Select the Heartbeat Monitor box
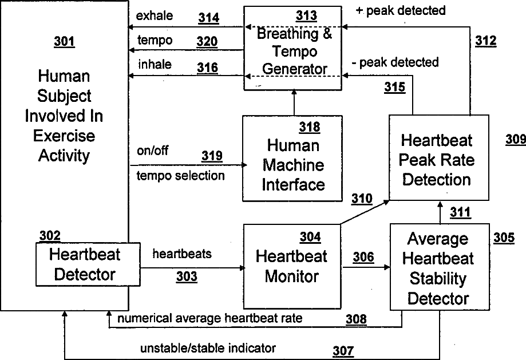tap(292, 264)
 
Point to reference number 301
tap(64, 41)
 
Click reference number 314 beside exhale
tap(208, 18)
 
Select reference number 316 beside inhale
tap(207, 68)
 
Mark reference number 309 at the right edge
tap(516, 139)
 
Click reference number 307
tap(343, 350)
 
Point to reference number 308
tap(355, 319)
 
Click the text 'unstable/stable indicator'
tap(208, 347)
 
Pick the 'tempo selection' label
tap(180, 175)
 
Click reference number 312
tap(485, 41)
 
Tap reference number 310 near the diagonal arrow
tap(361, 199)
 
